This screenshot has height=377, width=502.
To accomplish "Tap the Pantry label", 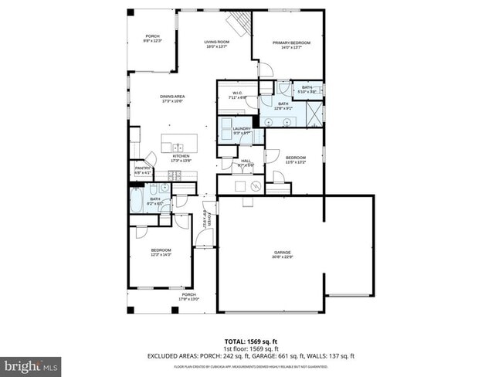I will click(142, 170).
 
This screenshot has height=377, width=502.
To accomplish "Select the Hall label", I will click(246, 163).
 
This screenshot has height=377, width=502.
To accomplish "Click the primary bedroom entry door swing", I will click(265, 70).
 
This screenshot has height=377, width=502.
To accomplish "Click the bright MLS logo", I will click(31, 363).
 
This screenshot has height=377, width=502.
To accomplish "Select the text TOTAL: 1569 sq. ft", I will click(250, 341).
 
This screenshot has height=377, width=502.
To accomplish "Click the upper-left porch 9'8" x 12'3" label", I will click(153, 39).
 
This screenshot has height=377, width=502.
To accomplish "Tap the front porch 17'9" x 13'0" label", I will click(188, 297).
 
